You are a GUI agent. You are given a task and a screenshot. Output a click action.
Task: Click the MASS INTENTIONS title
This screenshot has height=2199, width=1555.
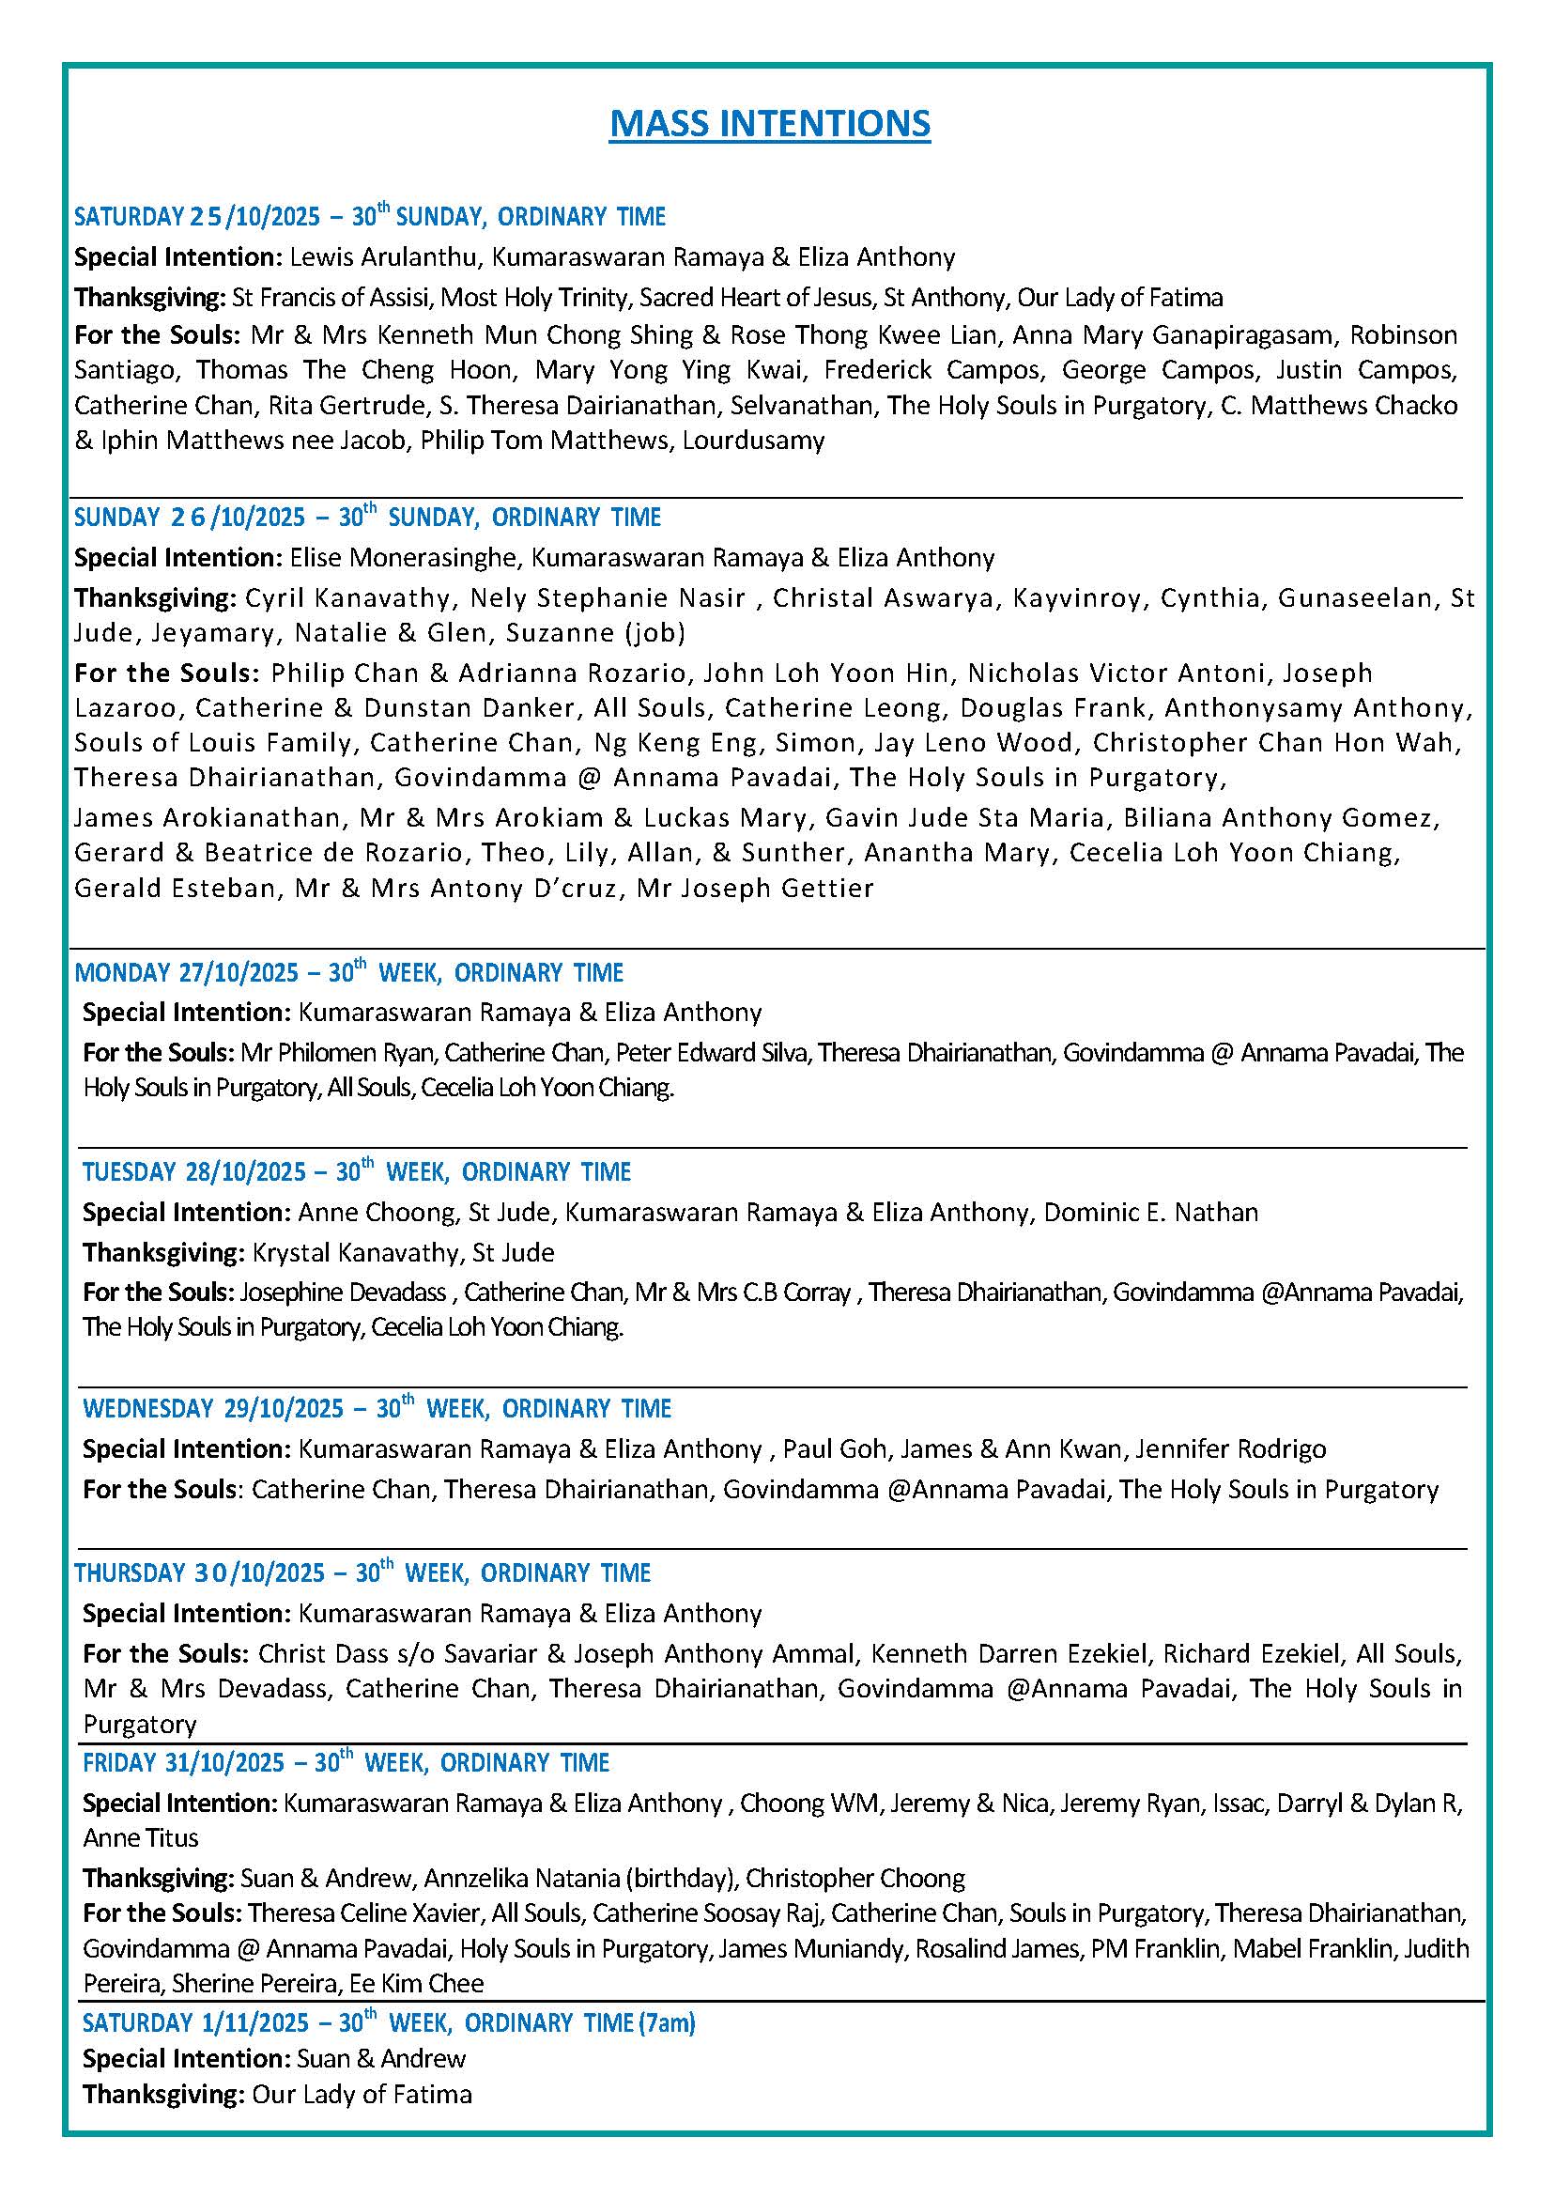tap(770, 124)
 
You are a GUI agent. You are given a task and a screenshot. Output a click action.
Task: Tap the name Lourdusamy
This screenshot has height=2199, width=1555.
tap(754, 441)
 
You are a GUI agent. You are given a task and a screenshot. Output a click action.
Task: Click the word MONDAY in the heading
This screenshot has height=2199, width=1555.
tap(123, 973)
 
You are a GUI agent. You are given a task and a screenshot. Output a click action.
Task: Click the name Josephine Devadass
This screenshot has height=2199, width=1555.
tap(343, 1293)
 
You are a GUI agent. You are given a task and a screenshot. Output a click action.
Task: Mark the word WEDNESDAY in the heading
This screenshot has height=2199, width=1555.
tap(148, 1409)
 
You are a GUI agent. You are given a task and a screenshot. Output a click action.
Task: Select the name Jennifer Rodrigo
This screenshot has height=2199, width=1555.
tap(1230, 1449)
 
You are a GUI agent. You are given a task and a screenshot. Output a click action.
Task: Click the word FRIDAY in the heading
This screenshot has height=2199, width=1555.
tap(118, 1763)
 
